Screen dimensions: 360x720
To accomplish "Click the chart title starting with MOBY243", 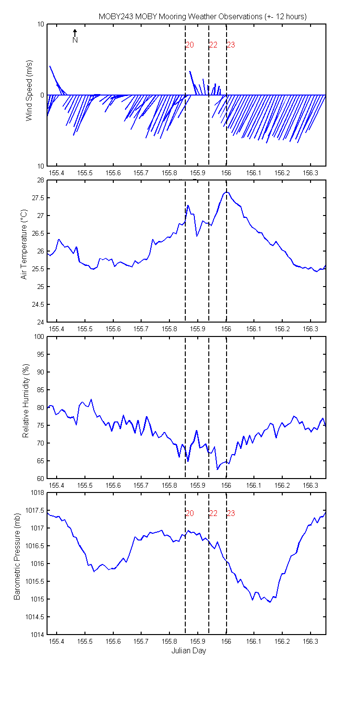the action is click(x=203, y=17).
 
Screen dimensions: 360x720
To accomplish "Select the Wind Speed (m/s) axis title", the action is click(x=29, y=90).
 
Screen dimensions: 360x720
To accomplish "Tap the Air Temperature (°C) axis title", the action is click(x=24, y=244).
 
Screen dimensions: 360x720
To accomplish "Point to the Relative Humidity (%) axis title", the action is click(x=26, y=400).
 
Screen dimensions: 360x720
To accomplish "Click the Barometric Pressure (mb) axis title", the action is click(x=17, y=556).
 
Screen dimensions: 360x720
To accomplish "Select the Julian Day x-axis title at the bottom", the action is click(x=188, y=650).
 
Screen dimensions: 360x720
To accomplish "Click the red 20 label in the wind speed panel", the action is click(x=190, y=45).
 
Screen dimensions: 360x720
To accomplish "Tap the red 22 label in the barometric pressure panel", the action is click(x=213, y=513).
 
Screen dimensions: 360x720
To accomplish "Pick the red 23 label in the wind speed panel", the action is click(x=231, y=45).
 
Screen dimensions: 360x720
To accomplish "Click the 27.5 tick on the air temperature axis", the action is click(x=37, y=198).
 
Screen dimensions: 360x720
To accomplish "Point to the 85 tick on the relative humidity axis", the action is click(x=40, y=390).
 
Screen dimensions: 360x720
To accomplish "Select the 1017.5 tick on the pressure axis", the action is click(x=35, y=510).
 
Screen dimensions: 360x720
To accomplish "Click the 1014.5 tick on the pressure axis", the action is click(x=35, y=617).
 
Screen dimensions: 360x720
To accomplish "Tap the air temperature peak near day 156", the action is click(x=227, y=192).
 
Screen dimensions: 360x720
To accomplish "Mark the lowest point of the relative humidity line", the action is click(x=217, y=469).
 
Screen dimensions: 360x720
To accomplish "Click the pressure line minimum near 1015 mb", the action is click(x=270, y=602).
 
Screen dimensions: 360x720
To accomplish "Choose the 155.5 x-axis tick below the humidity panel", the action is click(x=85, y=485).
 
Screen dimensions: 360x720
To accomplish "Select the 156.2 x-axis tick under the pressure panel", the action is click(x=282, y=642).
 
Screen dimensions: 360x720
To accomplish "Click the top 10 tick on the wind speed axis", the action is click(x=40, y=24).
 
